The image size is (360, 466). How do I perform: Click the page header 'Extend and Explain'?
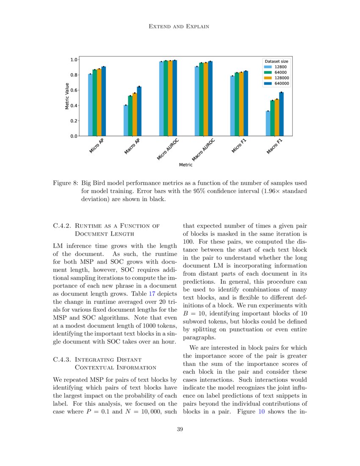click(x=180, y=27)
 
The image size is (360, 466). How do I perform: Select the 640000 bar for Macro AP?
click(x=139, y=111)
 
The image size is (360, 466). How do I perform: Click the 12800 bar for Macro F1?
click(x=268, y=123)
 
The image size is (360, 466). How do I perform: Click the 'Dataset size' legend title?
click(x=276, y=61)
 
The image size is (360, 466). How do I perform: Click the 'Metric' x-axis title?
click(x=186, y=164)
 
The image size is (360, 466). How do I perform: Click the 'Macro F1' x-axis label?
click(x=275, y=147)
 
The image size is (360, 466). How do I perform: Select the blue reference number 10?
click(x=261, y=411)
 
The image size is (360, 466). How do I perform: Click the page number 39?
click(x=180, y=430)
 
